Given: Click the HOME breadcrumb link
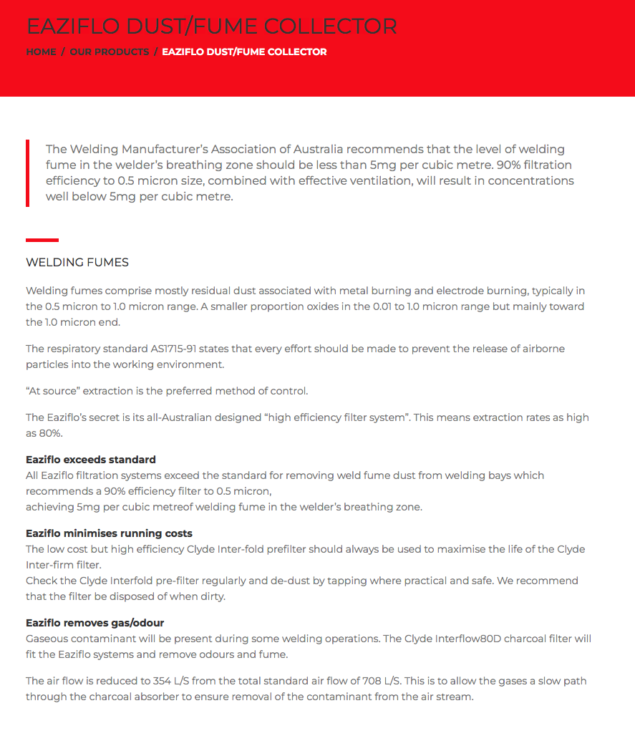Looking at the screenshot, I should (41, 52).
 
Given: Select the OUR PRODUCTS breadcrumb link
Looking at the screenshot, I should (110, 52).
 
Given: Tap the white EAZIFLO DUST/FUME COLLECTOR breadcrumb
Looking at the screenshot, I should (244, 52).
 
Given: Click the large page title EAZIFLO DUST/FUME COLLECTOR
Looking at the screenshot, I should (211, 26).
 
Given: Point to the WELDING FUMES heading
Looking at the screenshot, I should (77, 262).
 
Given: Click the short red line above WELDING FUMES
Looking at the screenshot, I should (42, 240).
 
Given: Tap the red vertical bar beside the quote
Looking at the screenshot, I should (27, 173).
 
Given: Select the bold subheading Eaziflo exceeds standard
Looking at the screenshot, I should (91, 460).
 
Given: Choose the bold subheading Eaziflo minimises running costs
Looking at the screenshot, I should (109, 533).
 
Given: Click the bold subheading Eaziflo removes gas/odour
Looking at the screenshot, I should (95, 623).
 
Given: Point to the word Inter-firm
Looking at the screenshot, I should (52, 564).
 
